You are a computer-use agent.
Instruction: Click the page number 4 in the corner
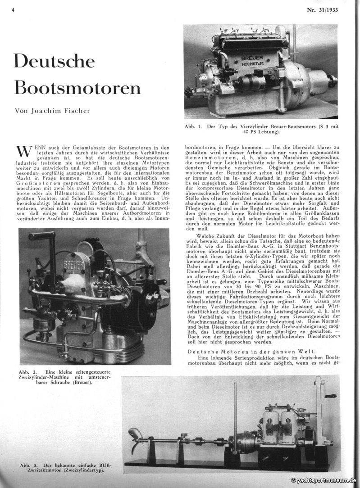[14, 10]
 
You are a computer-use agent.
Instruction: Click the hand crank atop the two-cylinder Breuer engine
[43, 236]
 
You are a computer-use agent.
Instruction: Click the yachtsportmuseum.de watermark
[324, 481]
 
